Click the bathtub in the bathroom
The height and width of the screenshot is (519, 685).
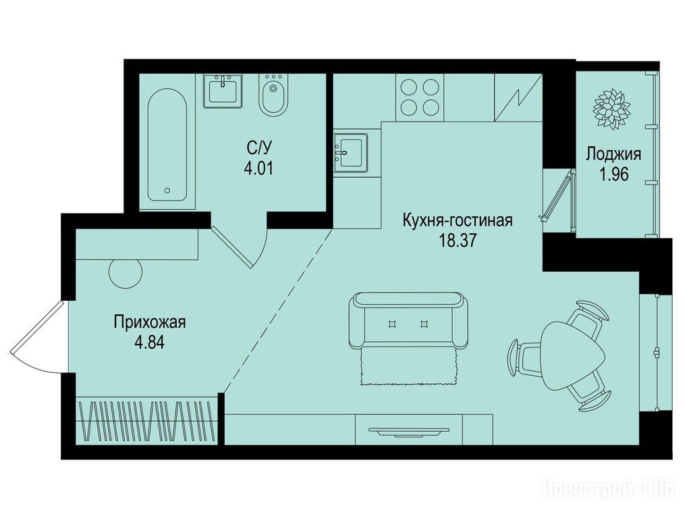pos(167,145)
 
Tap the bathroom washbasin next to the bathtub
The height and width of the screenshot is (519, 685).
pos(223,91)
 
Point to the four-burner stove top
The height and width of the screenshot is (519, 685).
pos(419,97)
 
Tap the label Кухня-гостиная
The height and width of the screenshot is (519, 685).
pos(458,220)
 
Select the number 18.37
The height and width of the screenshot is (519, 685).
pos(458,241)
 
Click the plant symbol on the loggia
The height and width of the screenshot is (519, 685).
pos(611,109)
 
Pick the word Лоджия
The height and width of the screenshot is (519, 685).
pos(613,155)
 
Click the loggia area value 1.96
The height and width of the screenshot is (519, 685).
pos(613,174)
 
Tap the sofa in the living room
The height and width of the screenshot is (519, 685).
pos(408,320)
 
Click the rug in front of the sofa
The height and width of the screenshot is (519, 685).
pos(409,366)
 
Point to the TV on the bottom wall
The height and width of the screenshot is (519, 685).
pos(408,432)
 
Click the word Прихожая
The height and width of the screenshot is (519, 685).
pos(149,322)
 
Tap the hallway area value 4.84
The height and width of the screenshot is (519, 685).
pos(149,343)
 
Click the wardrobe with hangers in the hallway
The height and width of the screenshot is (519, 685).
pos(147,422)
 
